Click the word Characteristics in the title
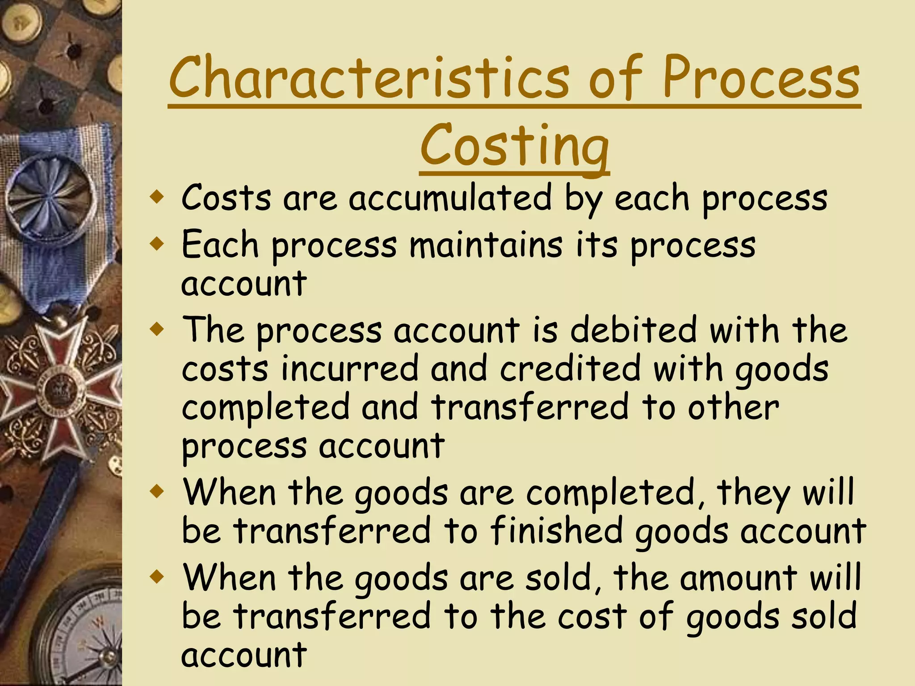(369, 78)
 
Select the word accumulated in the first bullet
(450, 198)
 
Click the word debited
(633, 330)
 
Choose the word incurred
(349, 369)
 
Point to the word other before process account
(733, 408)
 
